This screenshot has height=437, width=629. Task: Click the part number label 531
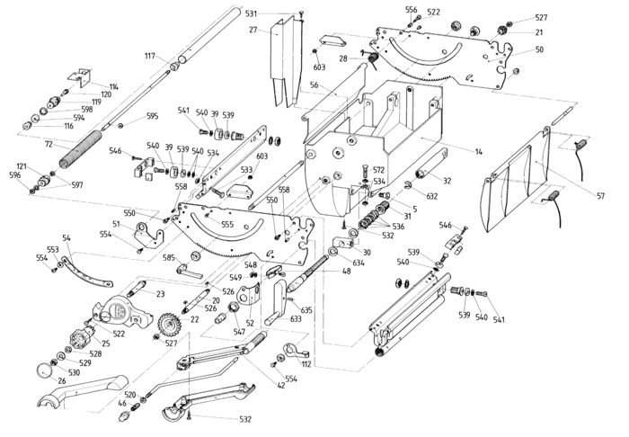251,13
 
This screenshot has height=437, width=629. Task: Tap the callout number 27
252,30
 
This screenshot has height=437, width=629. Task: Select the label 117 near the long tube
150,56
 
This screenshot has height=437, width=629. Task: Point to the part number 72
49,144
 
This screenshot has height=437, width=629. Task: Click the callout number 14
479,152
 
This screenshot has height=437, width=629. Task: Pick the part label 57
600,196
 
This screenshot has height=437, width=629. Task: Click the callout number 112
306,364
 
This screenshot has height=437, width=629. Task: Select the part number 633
296,319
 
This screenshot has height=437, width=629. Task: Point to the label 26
62,381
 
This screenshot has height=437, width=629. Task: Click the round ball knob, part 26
44,370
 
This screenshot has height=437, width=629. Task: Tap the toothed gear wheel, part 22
169,323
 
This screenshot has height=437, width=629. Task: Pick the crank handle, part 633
277,302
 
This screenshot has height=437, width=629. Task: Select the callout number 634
359,263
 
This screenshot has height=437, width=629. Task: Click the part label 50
539,49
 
